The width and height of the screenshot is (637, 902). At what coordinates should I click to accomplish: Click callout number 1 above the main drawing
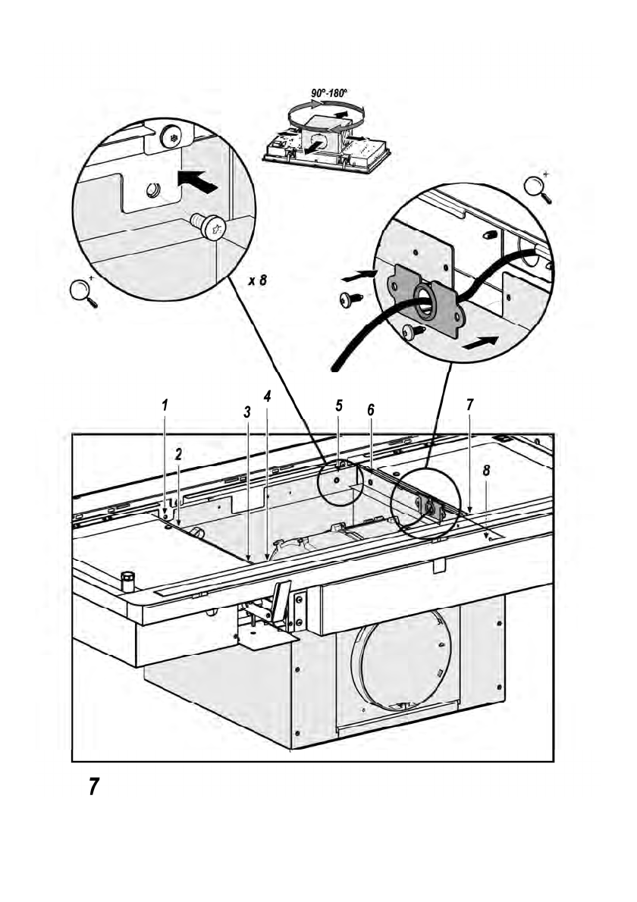coord(165,405)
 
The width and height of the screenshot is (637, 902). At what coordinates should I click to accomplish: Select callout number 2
coord(178,455)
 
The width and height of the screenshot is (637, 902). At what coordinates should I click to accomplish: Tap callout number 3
coord(247,412)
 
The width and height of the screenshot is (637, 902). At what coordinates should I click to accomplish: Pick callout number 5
coord(339,406)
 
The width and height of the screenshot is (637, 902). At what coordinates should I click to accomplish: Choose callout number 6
coord(370,409)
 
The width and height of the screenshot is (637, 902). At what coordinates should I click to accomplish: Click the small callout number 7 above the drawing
coord(470,406)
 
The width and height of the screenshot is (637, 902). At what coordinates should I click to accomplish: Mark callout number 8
coord(486,470)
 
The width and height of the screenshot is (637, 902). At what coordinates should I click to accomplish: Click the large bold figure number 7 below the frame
coord(93,787)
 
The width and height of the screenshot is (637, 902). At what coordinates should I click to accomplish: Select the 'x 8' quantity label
coord(258,280)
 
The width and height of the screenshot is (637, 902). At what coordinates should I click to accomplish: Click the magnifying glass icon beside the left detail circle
coord(83,292)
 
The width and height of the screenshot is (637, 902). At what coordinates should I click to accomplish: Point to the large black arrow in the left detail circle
coord(196,181)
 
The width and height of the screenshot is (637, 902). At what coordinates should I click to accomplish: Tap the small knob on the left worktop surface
coord(127,581)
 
